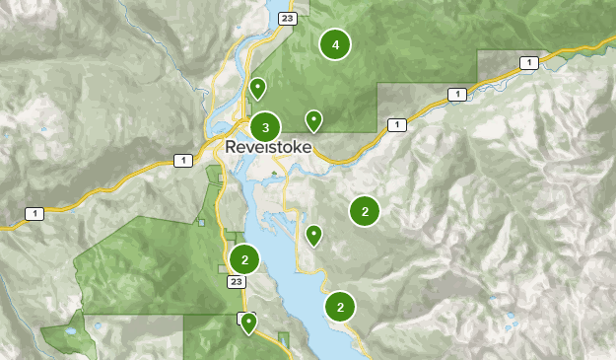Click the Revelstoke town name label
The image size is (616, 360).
coord(268,147)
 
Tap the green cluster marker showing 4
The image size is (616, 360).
coord(336,44)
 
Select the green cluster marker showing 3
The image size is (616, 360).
coord(265,127)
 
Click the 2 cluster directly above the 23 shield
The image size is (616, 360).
coord(243,259)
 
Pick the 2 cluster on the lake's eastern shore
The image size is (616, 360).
coord(340,307)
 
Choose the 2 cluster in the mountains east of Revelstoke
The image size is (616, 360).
coord(365,210)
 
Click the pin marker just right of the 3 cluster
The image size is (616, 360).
coord(313,121)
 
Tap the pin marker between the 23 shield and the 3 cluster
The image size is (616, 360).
coord(257,89)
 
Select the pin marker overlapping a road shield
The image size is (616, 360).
coord(248,323)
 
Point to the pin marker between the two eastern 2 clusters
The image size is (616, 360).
coord(313,235)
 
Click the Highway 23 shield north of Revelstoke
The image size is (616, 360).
coord(287,18)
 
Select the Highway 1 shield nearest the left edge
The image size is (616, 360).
coord(34,213)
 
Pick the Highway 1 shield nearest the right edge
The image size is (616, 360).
coord(528,63)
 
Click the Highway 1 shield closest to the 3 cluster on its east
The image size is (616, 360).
coord(396,124)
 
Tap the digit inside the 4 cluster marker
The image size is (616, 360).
coord(336,44)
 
